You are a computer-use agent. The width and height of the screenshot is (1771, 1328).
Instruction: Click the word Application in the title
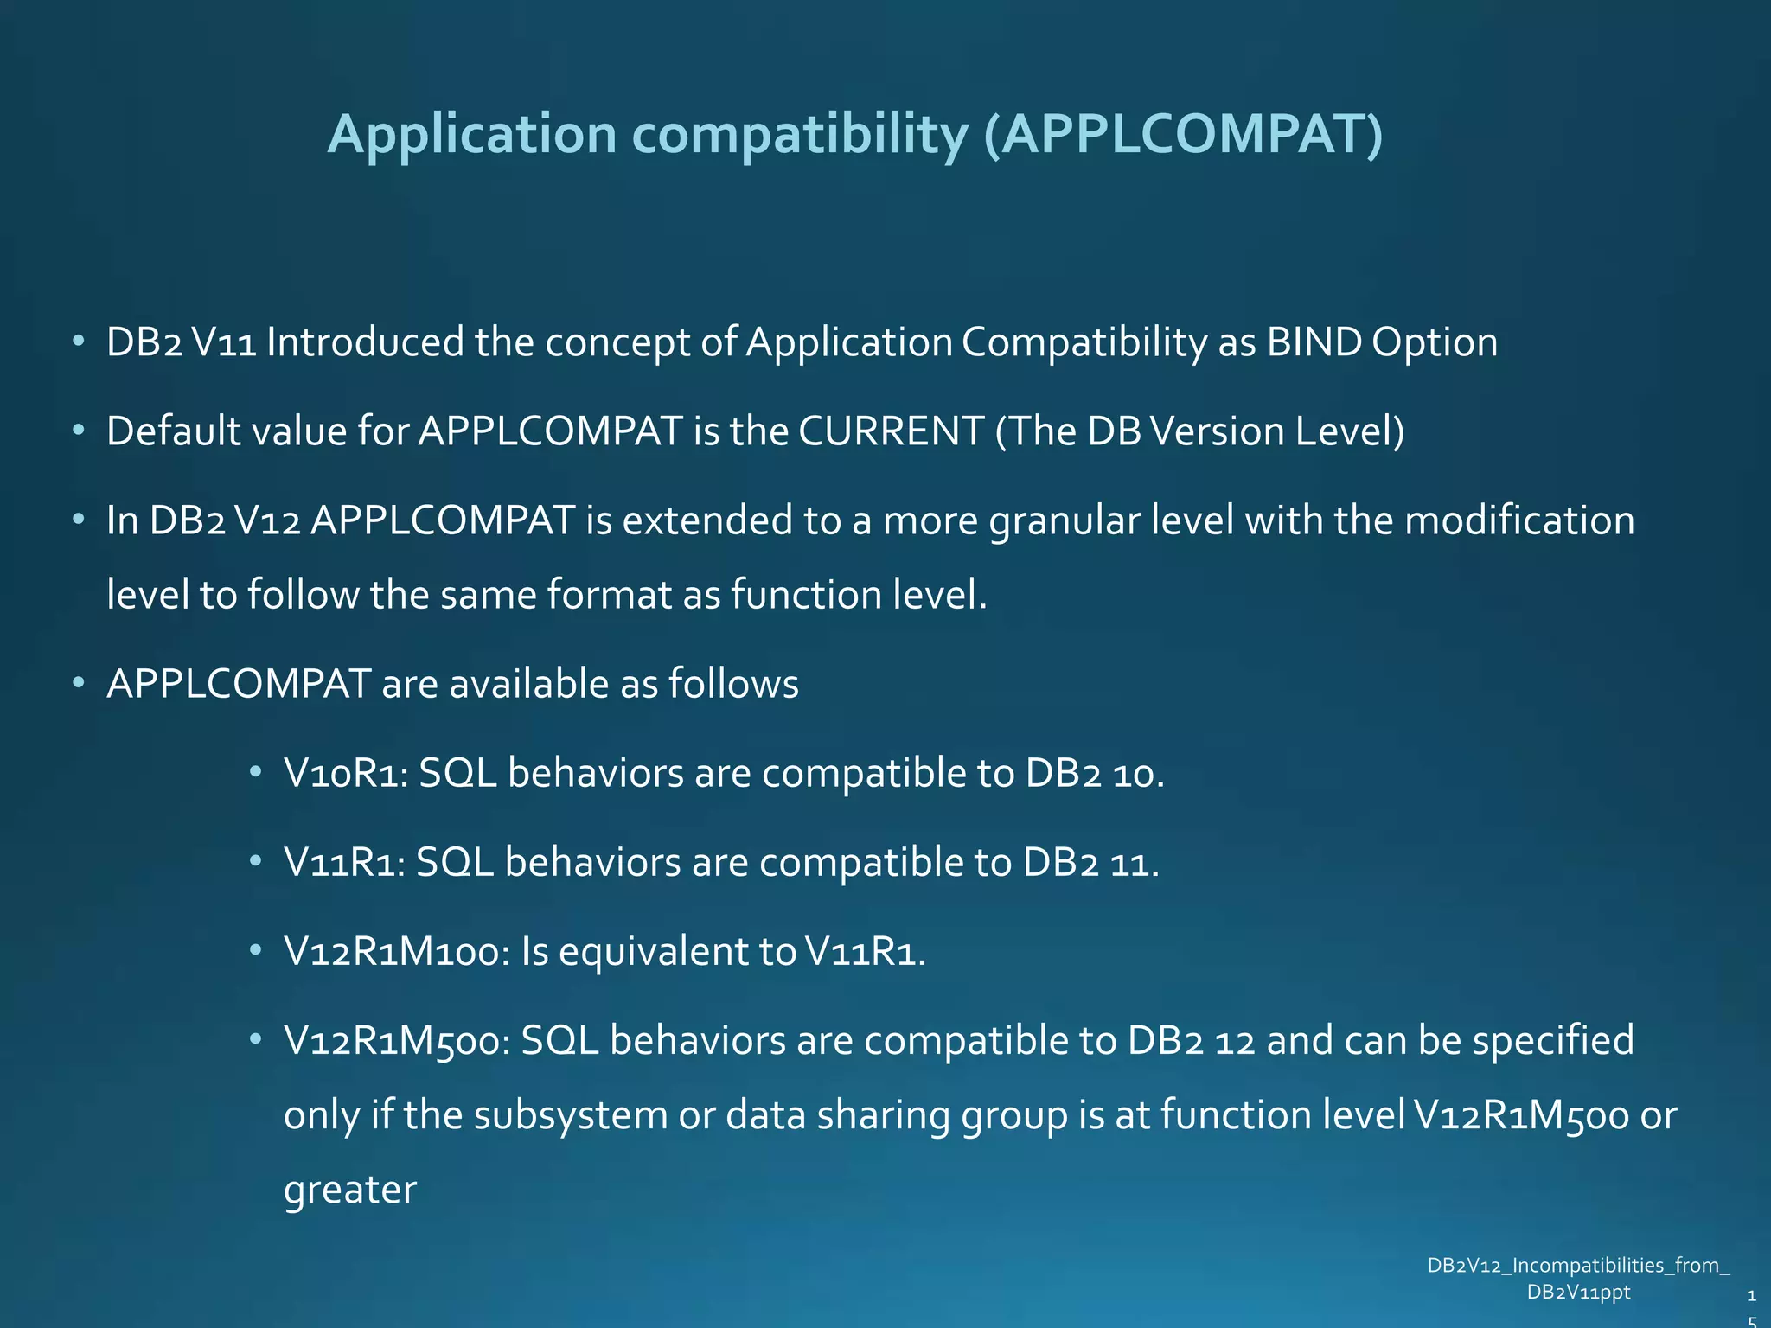472,136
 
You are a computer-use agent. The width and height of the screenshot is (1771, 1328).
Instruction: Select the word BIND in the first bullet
1314,342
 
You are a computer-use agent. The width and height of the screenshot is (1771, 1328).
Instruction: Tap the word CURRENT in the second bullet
891,431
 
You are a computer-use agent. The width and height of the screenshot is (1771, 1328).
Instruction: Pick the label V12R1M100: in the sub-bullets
397,952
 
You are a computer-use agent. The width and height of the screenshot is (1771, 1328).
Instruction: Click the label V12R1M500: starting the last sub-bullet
397,1041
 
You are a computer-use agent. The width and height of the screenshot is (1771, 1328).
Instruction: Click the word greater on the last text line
350,1191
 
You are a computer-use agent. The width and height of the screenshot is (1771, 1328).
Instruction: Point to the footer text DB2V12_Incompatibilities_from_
1578,1266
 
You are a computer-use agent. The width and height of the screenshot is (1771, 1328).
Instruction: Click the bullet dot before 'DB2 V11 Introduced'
79,341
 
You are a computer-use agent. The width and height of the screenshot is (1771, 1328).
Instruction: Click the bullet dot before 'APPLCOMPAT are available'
79,683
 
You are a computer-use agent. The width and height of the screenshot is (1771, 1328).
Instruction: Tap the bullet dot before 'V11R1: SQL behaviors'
255,861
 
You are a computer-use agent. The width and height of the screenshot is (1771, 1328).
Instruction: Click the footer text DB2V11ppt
1578,1293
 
